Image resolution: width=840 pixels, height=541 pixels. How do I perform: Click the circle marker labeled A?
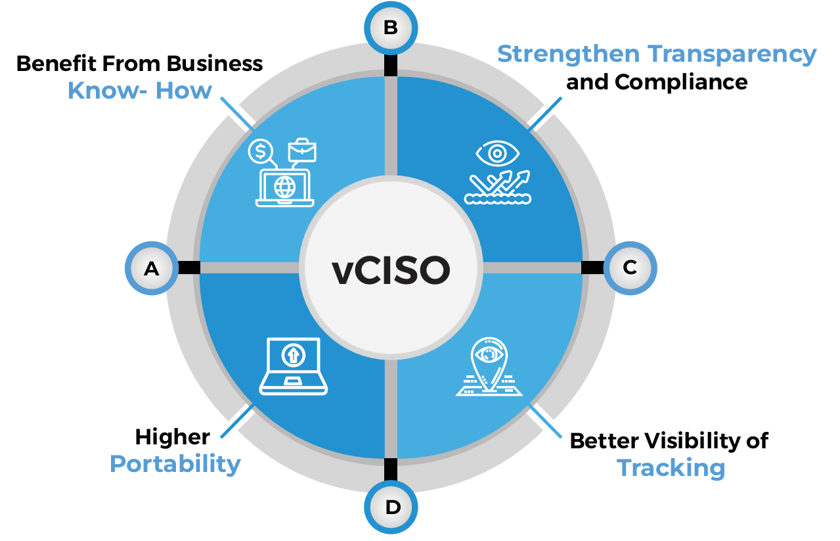click(x=152, y=268)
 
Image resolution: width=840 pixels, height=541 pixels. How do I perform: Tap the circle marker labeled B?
click(x=391, y=28)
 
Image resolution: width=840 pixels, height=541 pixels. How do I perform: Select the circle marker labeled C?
click(x=630, y=268)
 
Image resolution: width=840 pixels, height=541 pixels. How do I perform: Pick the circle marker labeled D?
click(x=392, y=507)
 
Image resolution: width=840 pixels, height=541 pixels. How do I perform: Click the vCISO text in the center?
click(x=391, y=270)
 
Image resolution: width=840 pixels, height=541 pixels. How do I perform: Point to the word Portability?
click(x=175, y=464)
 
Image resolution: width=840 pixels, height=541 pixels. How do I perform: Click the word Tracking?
click(x=671, y=468)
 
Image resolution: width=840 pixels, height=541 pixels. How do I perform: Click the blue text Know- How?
click(x=140, y=91)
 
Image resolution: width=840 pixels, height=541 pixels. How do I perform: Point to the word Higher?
click(x=173, y=436)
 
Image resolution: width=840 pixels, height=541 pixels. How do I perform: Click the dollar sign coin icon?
click(x=261, y=151)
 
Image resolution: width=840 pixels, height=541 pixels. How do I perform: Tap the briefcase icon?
click(x=302, y=150)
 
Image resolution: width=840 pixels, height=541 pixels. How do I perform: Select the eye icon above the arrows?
click(x=497, y=154)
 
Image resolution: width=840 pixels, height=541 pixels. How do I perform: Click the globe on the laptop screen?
click(x=284, y=187)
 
